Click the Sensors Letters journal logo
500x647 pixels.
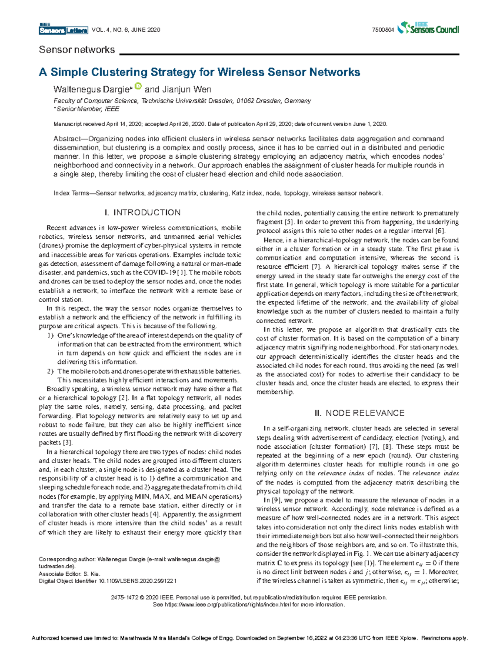click(x=63, y=29)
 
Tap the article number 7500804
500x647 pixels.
click(x=383, y=30)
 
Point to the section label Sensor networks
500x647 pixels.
click(x=77, y=50)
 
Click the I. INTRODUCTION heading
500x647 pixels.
click(x=142, y=212)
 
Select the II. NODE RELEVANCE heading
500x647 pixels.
click(x=359, y=413)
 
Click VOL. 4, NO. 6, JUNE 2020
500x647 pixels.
click(x=125, y=30)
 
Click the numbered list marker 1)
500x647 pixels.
click(x=50, y=335)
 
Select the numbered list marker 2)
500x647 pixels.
click(x=50, y=371)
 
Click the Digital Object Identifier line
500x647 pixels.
click(x=107, y=581)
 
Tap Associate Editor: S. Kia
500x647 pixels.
click(x=70, y=574)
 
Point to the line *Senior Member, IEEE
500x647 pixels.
click(x=86, y=109)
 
